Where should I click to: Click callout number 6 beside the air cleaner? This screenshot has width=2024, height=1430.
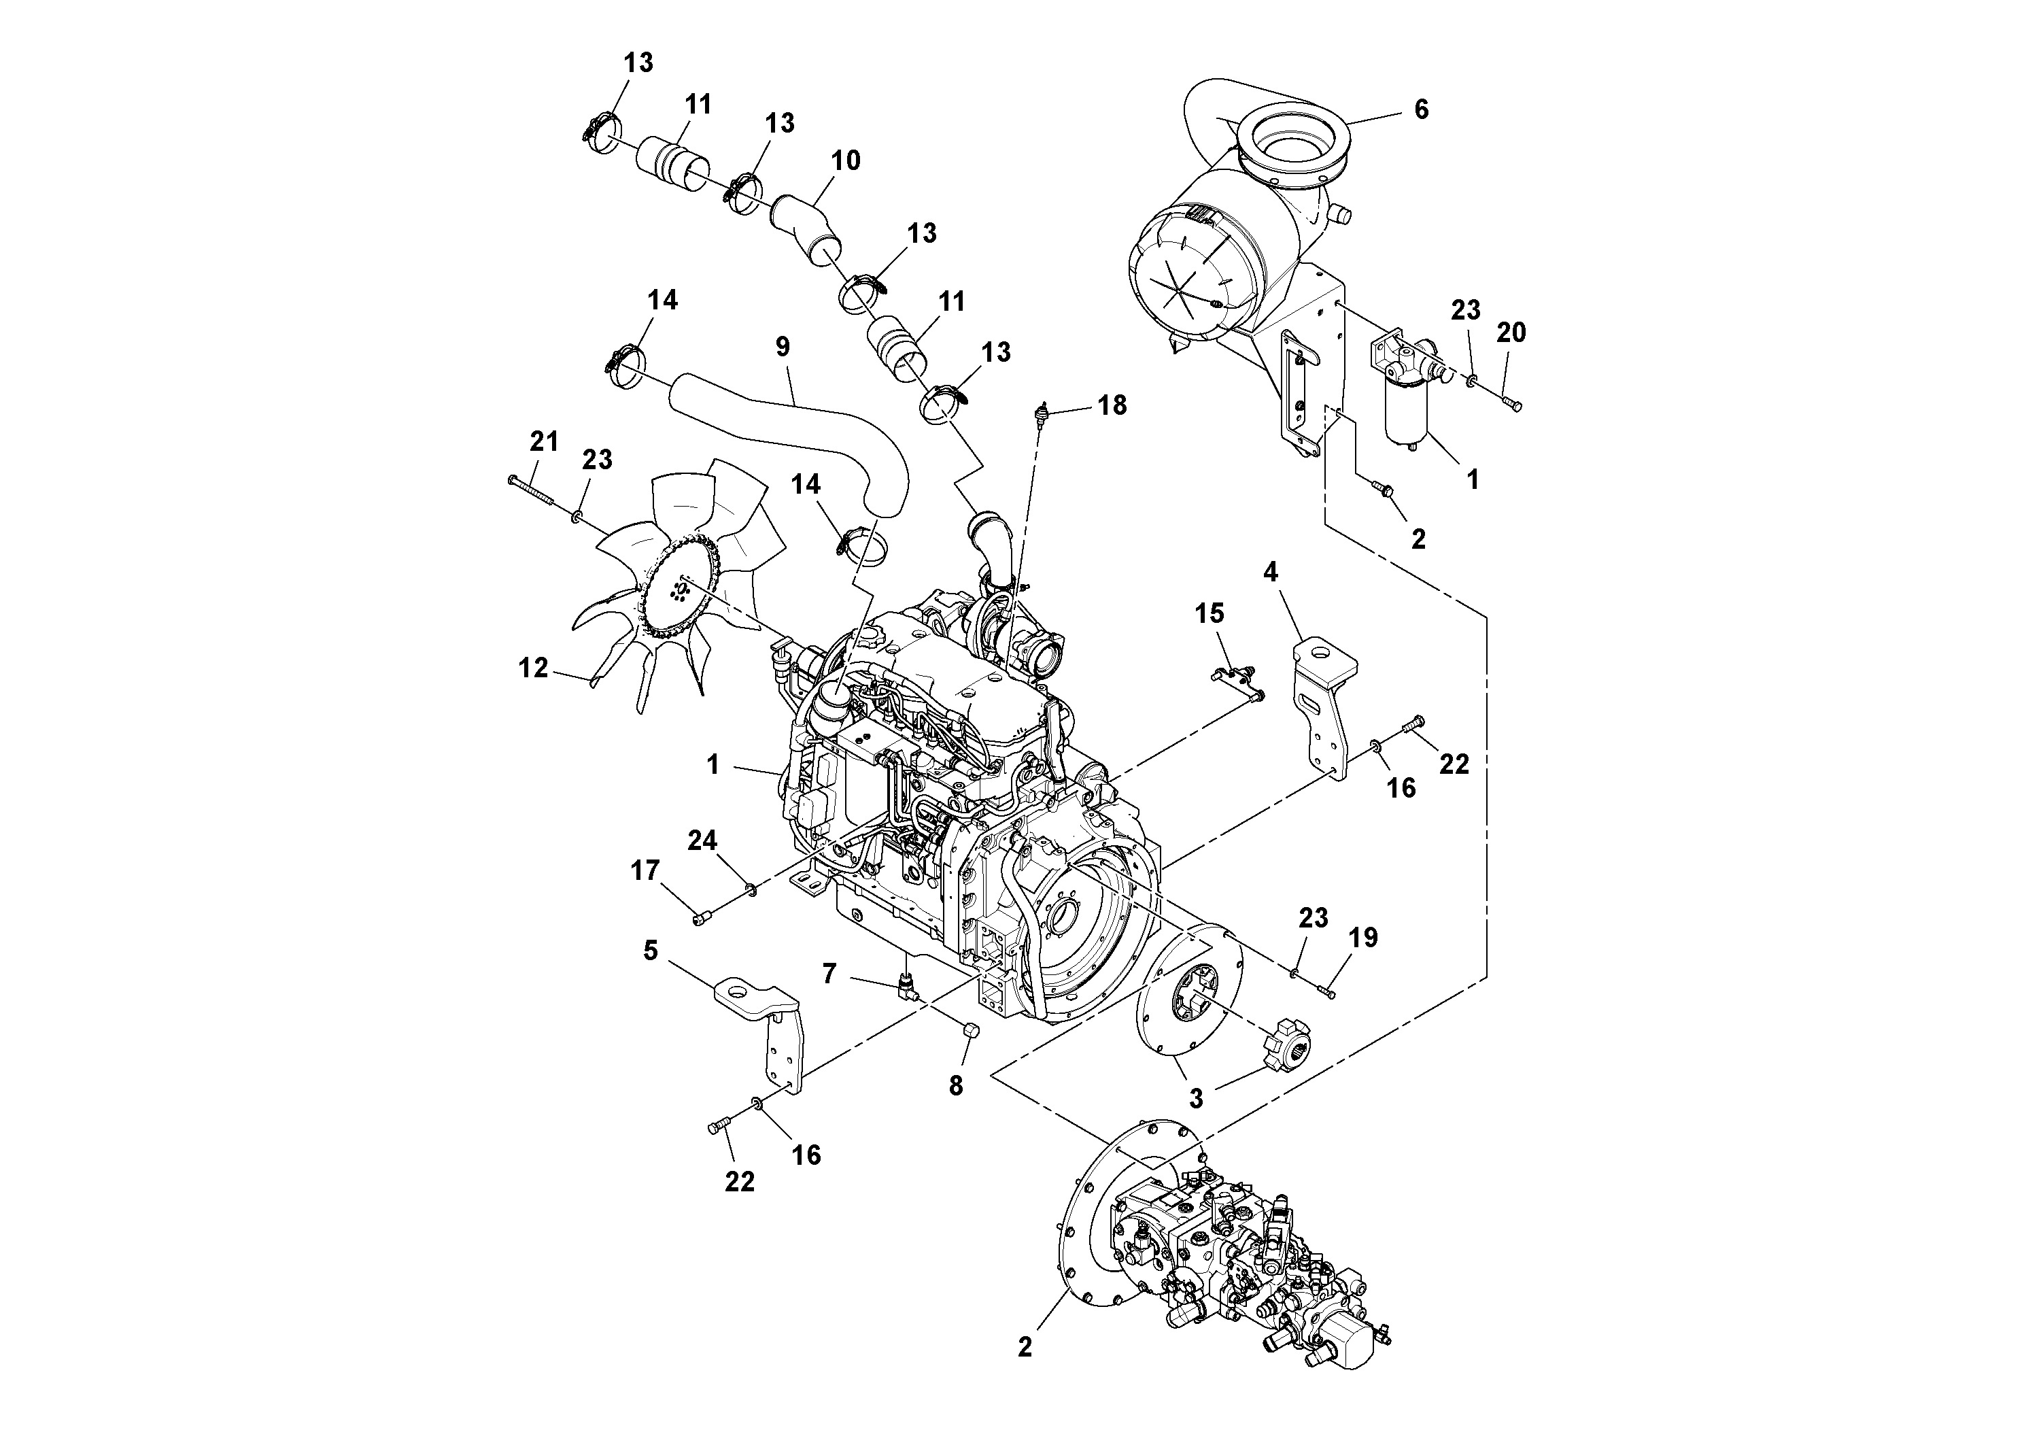pyautogui.click(x=1420, y=110)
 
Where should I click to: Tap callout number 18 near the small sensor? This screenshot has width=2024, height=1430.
pyautogui.click(x=1112, y=405)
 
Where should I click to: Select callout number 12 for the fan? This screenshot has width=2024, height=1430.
pyautogui.click(x=533, y=668)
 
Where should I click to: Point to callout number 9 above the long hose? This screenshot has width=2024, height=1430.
pyautogui.click(x=783, y=347)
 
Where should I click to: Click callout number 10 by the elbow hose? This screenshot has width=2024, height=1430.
pyautogui.click(x=845, y=161)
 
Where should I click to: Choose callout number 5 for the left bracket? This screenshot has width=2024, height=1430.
pyautogui.click(x=651, y=951)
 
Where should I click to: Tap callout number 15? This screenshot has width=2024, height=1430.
pyautogui.click(x=1210, y=613)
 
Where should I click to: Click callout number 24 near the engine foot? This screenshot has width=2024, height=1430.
pyautogui.click(x=702, y=841)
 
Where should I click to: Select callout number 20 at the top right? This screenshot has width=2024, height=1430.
pyautogui.click(x=1511, y=333)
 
